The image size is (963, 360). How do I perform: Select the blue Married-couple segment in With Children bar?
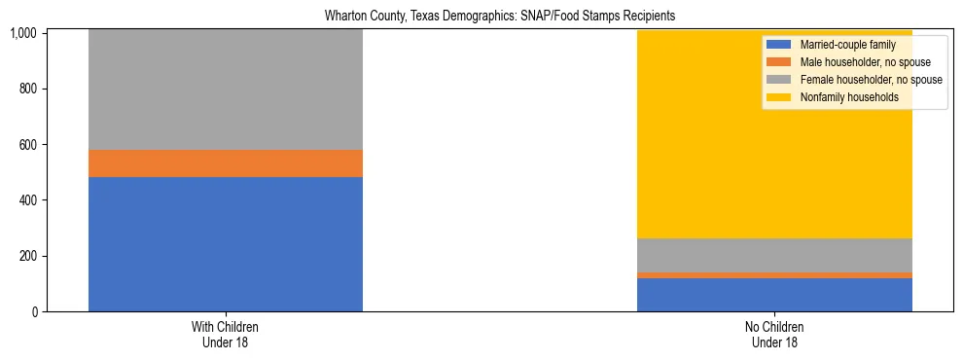pyautogui.click(x=226, y=243)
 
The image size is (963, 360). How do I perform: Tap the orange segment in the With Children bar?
pyautogui.click(x=226, y=163)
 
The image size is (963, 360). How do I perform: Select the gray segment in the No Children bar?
pyautogui.click(x=774, y=255)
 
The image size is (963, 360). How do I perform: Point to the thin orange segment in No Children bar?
pyautogui.click(x=774, y=275)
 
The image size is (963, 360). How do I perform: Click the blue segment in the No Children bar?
pyautogui.click(x=774, y=295)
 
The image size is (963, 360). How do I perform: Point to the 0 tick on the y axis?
pyautogui.click(x=36, y=311)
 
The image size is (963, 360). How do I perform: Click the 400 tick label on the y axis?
pyautogui.click(x=28, y=200)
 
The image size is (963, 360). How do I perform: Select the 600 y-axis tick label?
pyautogui.click(x=28, y=145)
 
